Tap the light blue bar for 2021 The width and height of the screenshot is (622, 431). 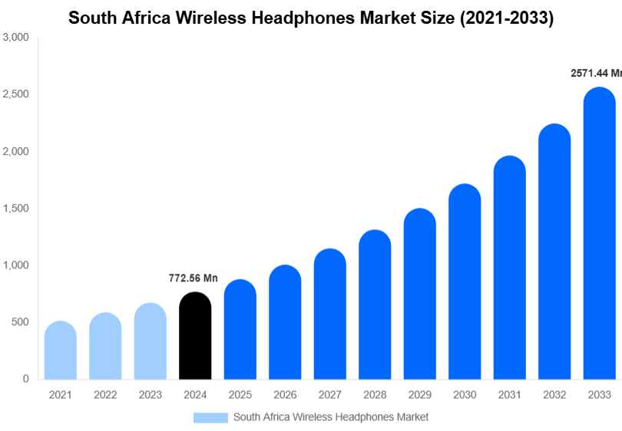(x=61, y=350)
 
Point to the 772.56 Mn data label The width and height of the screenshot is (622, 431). (x=194, y=278)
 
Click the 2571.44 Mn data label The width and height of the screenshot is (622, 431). (x=595, y=74)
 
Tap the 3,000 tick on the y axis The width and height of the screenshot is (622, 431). (x=15, y=38)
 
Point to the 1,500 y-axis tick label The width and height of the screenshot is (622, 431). (x=15, y=209)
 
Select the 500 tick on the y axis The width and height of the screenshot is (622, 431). (x=20, y=322)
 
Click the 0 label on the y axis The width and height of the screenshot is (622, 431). (x=25, y=379)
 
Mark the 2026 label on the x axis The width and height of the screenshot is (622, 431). (x=285, y=395)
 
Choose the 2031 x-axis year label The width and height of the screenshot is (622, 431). (x=509, y=395)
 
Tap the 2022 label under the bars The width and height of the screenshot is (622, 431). (x=105, y=395)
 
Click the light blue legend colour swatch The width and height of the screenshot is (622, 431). (x=210, y=417)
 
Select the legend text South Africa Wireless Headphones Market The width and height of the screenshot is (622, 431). (x=330, y=417)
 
